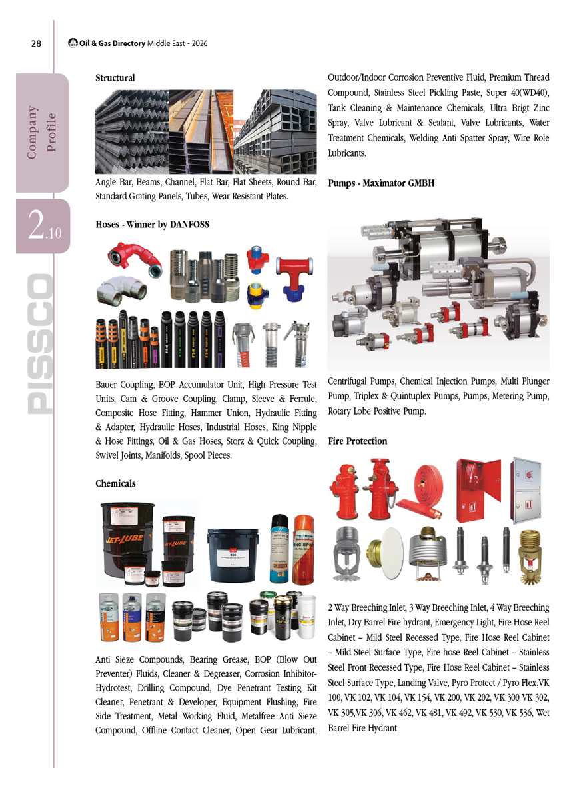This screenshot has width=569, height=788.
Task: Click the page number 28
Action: tap(36, 44)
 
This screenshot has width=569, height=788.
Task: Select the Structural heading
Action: tap(115, 78)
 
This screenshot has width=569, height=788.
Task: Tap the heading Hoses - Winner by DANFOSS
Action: tap(153, 225)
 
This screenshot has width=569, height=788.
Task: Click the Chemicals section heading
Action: tap(116, 483)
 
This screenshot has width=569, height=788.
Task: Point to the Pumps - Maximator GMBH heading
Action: tap(382, 183)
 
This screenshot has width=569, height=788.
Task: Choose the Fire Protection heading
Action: tap(358, 441)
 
